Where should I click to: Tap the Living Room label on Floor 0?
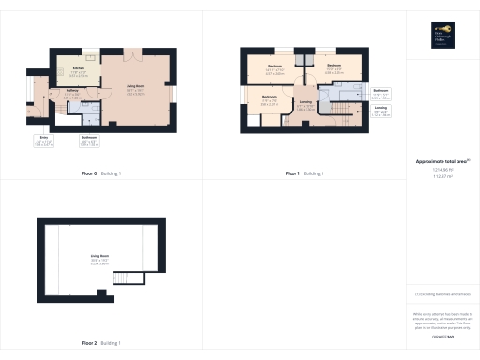[x=135, y=87]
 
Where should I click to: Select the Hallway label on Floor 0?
[x=72, y=92]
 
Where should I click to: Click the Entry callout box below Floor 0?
[x=43, y=143]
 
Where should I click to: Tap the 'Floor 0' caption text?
[x=90, y=174]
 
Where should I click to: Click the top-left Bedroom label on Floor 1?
[x=275, y=67]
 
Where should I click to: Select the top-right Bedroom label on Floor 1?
[x=334, y=67]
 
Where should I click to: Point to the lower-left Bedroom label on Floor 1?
[x=269, y=99]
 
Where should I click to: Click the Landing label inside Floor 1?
[x=306, y=104]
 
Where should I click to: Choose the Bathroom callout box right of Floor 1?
[x=381, y=93]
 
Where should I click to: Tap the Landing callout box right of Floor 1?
[x=381, y=111]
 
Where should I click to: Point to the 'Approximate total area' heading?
[x=442, y=162]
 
